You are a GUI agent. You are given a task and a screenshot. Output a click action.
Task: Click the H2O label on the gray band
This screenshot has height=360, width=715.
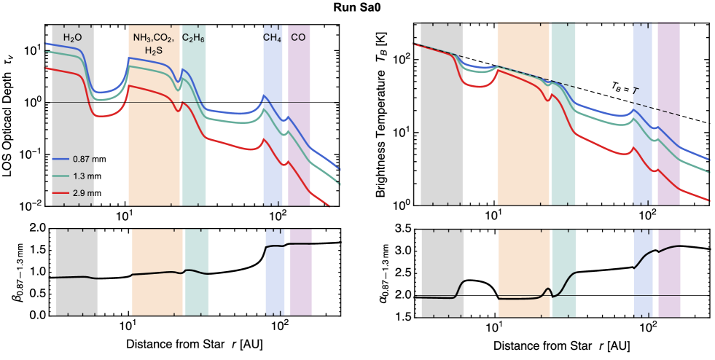pos(72,37)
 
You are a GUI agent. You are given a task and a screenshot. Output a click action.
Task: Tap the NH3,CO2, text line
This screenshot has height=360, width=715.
pos(153,37)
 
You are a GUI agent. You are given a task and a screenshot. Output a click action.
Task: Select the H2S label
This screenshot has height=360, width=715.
pos(153,50)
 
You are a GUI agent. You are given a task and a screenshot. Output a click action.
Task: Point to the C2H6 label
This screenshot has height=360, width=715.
pos(193,37)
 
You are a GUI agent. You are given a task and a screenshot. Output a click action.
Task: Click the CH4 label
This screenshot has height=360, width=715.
pos(272,37)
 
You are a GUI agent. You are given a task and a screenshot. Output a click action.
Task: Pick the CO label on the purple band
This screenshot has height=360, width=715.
pos(298,37)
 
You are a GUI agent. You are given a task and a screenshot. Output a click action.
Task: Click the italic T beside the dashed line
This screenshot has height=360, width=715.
pos(636,91)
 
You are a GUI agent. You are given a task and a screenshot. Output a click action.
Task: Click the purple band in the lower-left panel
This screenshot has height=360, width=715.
pos(300,291)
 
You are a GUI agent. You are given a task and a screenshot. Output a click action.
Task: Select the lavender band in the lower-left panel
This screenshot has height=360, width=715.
pos(275,291)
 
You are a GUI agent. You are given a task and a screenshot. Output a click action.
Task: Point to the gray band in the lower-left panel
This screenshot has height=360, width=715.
pos(77,299)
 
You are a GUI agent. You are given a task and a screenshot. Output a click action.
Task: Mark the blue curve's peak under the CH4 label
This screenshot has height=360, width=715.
pos(264,95)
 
